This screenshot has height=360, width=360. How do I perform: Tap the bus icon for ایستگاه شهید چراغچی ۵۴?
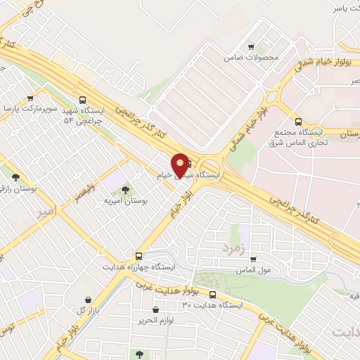[x=84, y=100]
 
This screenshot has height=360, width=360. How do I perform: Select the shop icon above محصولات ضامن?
[x=252, y=47]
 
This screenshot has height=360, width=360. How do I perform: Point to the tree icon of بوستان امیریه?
[x=125, y=189]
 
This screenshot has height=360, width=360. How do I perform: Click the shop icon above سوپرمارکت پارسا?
[x=30, y=98]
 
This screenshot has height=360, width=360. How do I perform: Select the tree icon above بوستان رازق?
[x=15, y=176]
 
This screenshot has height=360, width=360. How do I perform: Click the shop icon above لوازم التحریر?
[x=155, y=309]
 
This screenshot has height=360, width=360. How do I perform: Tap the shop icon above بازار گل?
[x=86, y=300]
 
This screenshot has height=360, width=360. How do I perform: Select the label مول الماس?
[x=253, y=270]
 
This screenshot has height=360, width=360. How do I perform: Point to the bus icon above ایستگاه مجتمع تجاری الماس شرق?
[x=298, y=121]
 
